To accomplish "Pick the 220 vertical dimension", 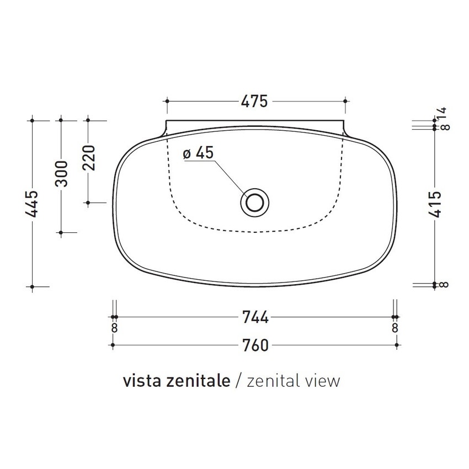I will coord(89,158).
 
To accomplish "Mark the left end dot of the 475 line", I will coord(167,102).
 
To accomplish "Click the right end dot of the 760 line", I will coord(397,345).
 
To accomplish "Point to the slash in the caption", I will coord(238,381).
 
